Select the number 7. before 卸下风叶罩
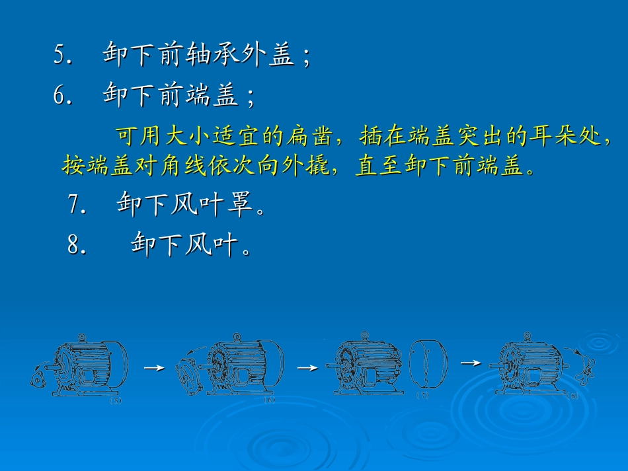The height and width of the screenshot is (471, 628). (77, 204)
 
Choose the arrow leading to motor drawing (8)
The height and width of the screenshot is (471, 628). (470, 363)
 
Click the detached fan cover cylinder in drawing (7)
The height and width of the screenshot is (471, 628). (428, 363)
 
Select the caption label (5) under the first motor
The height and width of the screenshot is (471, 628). (116, 400)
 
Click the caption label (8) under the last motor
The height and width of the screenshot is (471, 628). (574, 396)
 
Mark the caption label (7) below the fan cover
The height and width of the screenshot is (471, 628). (423, 396)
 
